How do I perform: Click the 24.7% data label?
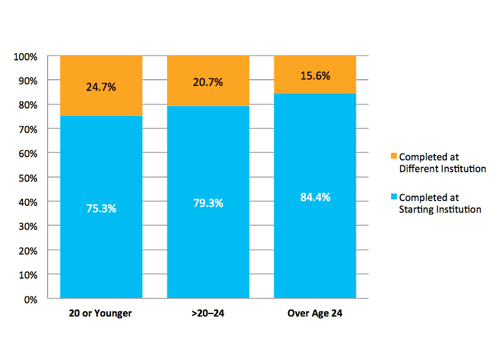tap(101, 87)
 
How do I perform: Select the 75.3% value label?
tap(101, 209)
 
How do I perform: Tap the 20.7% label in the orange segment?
tap(208, 83)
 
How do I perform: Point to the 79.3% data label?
tap(208, 203)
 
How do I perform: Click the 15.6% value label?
tap(315, 76)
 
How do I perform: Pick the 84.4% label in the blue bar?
tap(315, 197)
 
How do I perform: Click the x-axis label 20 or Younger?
tap(101, 313)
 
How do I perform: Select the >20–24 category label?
tap(208, 313)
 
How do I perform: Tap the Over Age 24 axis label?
tap(315, 313)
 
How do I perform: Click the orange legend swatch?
tap(393, 157)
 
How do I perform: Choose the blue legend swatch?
tap(393, 197)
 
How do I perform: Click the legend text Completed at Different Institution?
tap(442, 163)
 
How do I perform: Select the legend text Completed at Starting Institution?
tap(439, 203)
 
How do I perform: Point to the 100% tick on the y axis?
tap(25, 56)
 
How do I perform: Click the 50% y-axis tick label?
tap(27, 178)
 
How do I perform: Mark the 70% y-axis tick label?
tap(27, 129)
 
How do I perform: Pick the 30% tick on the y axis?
tap(27, 227)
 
